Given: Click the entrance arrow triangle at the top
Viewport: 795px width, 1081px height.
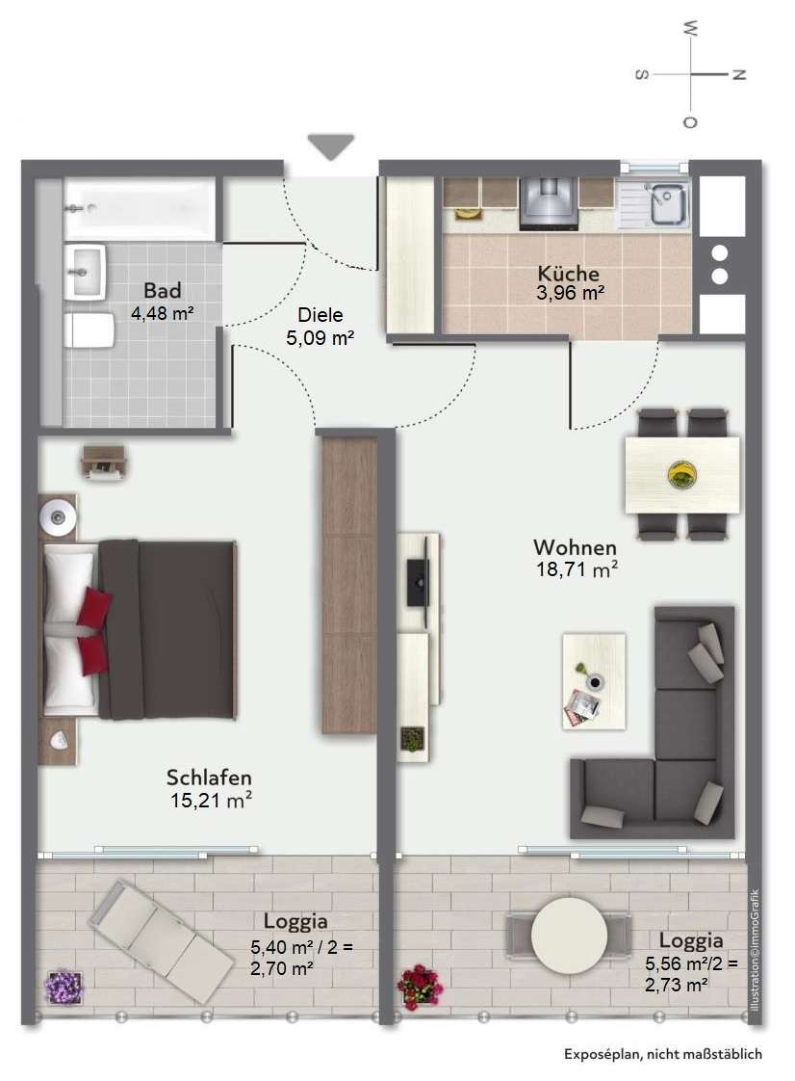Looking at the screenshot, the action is pyautogui.click(x=331, y=145).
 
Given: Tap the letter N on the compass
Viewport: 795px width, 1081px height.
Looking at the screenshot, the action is pyautogui.click(x=738, y=74).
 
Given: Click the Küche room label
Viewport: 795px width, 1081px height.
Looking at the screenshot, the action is pyautogui.click(x=569, y=273).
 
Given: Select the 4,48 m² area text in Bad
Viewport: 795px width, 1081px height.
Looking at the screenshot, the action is pyautogui.click(x=162, y=313).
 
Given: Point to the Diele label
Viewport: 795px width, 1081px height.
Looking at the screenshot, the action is pyautogui.click(x=321, y=315).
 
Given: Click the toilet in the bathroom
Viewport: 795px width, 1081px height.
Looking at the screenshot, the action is pyautogui.click(x=89, y=330).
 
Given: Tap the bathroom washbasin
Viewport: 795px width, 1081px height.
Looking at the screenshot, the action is pyautogui.click(x=84, y=273).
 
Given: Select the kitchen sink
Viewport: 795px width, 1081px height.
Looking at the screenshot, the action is pyautogui.click(x=665, y=204).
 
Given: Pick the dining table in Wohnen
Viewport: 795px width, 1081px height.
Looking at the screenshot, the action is pyautogui.click(x=682, y=475).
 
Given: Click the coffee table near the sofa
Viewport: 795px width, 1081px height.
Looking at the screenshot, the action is pyautogui.click(x=594, y=681).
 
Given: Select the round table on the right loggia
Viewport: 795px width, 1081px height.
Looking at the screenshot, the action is pyautogui.click(x=569, y=935).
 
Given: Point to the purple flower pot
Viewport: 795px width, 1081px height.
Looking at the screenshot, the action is pyautogui.click(x=64, y=988).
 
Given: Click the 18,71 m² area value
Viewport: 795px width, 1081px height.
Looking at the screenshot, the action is pyautogui.click(x=577, y=569).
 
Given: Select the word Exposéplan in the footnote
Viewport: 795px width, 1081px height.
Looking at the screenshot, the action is pyautogui.click(x=600, y=1054).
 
